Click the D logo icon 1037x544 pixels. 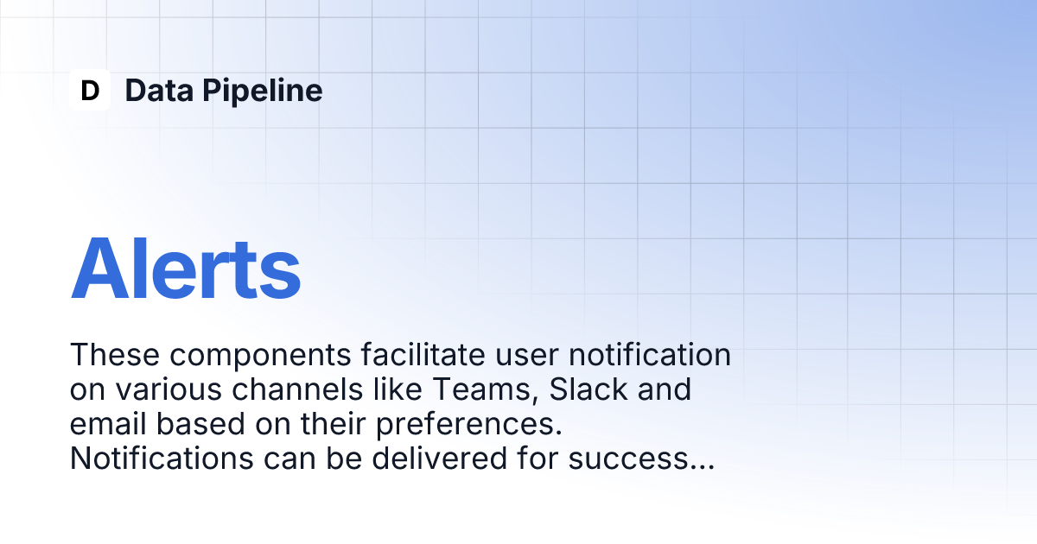point(90,90)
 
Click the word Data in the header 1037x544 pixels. point(159,90)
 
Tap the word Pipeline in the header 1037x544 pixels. point(262,92)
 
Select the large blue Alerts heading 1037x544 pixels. point(186,269)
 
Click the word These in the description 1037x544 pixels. point(115,354)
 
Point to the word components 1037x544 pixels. point(260,356)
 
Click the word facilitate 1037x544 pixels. point(423,354)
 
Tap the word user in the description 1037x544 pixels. point(527,356)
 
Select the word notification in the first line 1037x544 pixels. point(650,354)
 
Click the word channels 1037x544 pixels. point(297,389)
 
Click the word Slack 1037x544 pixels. point(588,389)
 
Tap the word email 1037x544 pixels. point(108,424)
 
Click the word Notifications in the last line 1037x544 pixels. point(162,458)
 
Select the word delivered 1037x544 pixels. point(440,458)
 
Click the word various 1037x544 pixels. point(169,390)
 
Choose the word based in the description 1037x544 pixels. point(200,424)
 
